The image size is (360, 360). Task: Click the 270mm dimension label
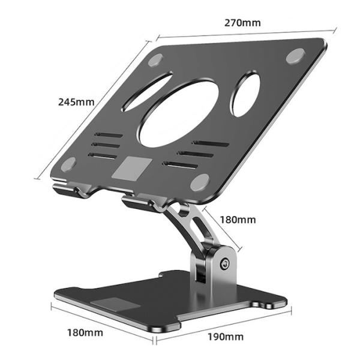[242, 23]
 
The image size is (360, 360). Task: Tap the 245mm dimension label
[76, 102]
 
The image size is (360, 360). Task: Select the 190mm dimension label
[226, 337]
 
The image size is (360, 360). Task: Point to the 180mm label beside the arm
[238, 220]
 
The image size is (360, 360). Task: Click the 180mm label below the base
[85, 332]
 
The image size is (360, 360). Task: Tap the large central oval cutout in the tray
[179, 115]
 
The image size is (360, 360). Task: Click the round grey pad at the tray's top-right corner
[295, 56]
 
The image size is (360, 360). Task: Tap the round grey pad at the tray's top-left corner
[155, 60]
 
